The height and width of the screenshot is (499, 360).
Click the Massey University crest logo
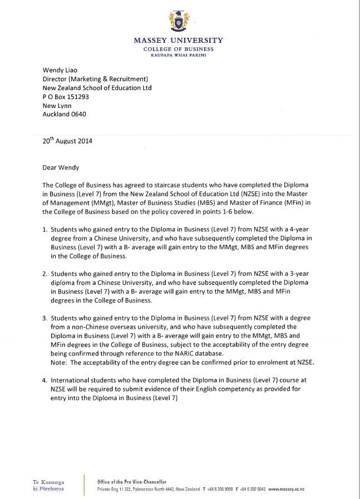(179, 21)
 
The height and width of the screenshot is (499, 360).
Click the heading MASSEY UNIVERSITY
(178, 40)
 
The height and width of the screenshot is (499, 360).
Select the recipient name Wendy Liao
(62, 70)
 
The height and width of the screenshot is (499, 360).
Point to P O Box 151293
(66, 97)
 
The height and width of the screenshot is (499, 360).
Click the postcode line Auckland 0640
(65, 115)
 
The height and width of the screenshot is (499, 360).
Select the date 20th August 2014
(67, 141)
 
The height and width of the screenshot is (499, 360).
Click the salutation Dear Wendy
(61, 167)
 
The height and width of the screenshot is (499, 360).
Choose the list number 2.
(45, 274)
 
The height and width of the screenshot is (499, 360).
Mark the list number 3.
(45, 318)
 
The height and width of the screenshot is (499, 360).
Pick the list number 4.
(45, 381)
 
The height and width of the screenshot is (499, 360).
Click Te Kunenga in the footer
(48, 482)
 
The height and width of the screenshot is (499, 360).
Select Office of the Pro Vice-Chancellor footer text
(131, 482)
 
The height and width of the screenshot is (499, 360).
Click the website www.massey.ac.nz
(286, 489)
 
